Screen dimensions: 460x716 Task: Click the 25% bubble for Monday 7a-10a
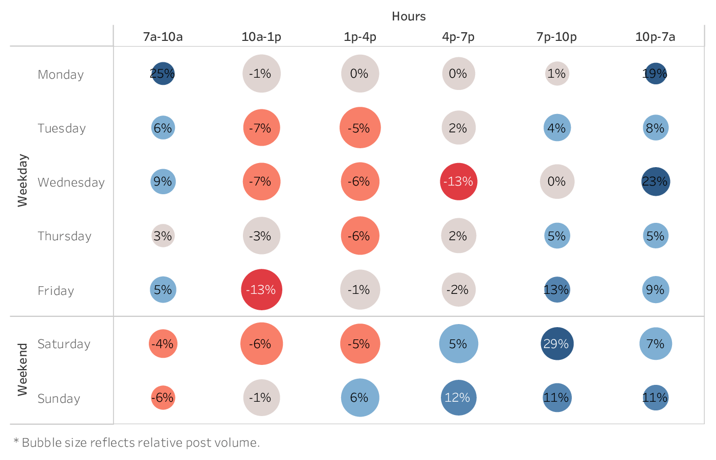tap(163, 74)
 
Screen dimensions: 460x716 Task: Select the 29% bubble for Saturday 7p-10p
tap(557, 343)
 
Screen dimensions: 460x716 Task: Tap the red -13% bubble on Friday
tap(261, 290)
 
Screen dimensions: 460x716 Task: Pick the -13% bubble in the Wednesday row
tap(458, 181)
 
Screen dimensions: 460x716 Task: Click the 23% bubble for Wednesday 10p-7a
tap(655, 181)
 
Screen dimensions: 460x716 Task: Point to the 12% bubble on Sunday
tap(458, 398)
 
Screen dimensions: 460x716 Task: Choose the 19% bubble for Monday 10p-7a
tap(655, 74)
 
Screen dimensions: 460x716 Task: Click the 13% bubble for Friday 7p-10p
tap(557, 290)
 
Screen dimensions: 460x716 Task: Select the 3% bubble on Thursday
tap(163, 236)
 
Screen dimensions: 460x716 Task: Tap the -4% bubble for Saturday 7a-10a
tap(163, 343)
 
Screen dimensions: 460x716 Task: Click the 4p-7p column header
tap(458, 37)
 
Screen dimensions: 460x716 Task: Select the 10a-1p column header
tap(261, 37)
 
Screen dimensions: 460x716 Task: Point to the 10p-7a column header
tap(655, 37)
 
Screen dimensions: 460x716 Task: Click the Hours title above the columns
tap(409, 16)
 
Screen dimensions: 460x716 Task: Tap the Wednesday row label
tap(71, 182)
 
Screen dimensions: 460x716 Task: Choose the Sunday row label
tap(59, 399)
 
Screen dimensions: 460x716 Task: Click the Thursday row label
tap(64, 236)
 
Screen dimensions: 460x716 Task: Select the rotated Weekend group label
tap(23, 370)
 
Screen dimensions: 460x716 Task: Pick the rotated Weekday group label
tap(23, 180)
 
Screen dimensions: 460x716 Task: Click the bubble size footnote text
tap(137, 443)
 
